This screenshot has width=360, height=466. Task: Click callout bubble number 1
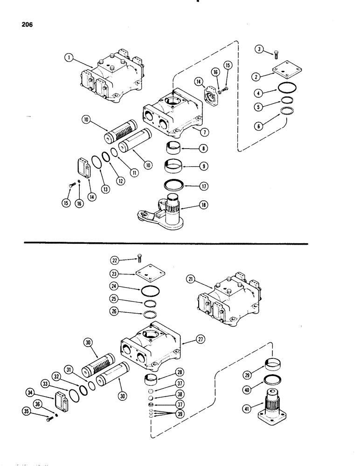pyautogui.click(x=69, y=59)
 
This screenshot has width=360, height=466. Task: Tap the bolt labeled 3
pyautogui.click(x=275, y=55)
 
